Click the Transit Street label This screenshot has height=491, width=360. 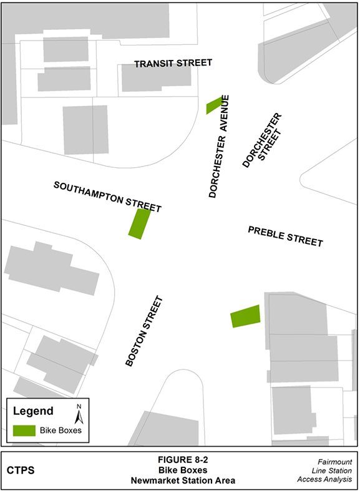pyautogui.click(x=173, y=63)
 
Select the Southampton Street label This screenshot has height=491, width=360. pyautogui.click(x=107, y=197)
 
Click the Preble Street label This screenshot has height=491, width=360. pyautogui.click(x=285, y=236)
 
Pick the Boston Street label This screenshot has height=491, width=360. pyautogui.click(x=144, y=331)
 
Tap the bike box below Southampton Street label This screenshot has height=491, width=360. pyautogui.click(x=139, y=223)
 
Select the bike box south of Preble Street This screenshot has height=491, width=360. pyautogui.click(x=245, y=316)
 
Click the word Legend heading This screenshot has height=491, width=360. pyautogui.click(x=33, y=411)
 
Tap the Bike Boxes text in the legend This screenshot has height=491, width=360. pyautogui.click(x=61, y=430)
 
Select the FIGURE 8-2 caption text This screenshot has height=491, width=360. pyautogui.click(x=180, y=460)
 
